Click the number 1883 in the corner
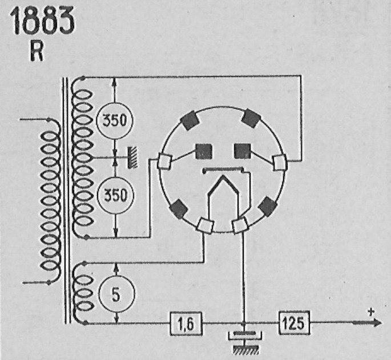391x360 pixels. click(x=42, y=21)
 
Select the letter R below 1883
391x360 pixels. click(x=37, y=51)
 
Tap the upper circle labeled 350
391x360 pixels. click(x=115, y=120)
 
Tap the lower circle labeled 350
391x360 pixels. click(x=115, y=195)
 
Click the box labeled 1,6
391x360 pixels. click(x=186, y=323)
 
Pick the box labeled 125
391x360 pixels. click(x=294, y=322)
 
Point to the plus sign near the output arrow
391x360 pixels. click(x=371, y=312)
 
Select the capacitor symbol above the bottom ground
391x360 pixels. click(x=244, y=334)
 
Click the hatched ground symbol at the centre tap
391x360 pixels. click(x=132, y=157)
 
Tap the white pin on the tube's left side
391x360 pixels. click(x=164, y=161)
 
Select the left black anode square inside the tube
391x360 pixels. click(x=204, y=151)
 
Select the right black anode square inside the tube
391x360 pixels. click(x=243, y=151)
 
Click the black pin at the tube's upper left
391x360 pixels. click(x=191, y=120)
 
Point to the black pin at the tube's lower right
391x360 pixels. click(x=267, y=207)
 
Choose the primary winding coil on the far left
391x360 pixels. click(x=51, y=201)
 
